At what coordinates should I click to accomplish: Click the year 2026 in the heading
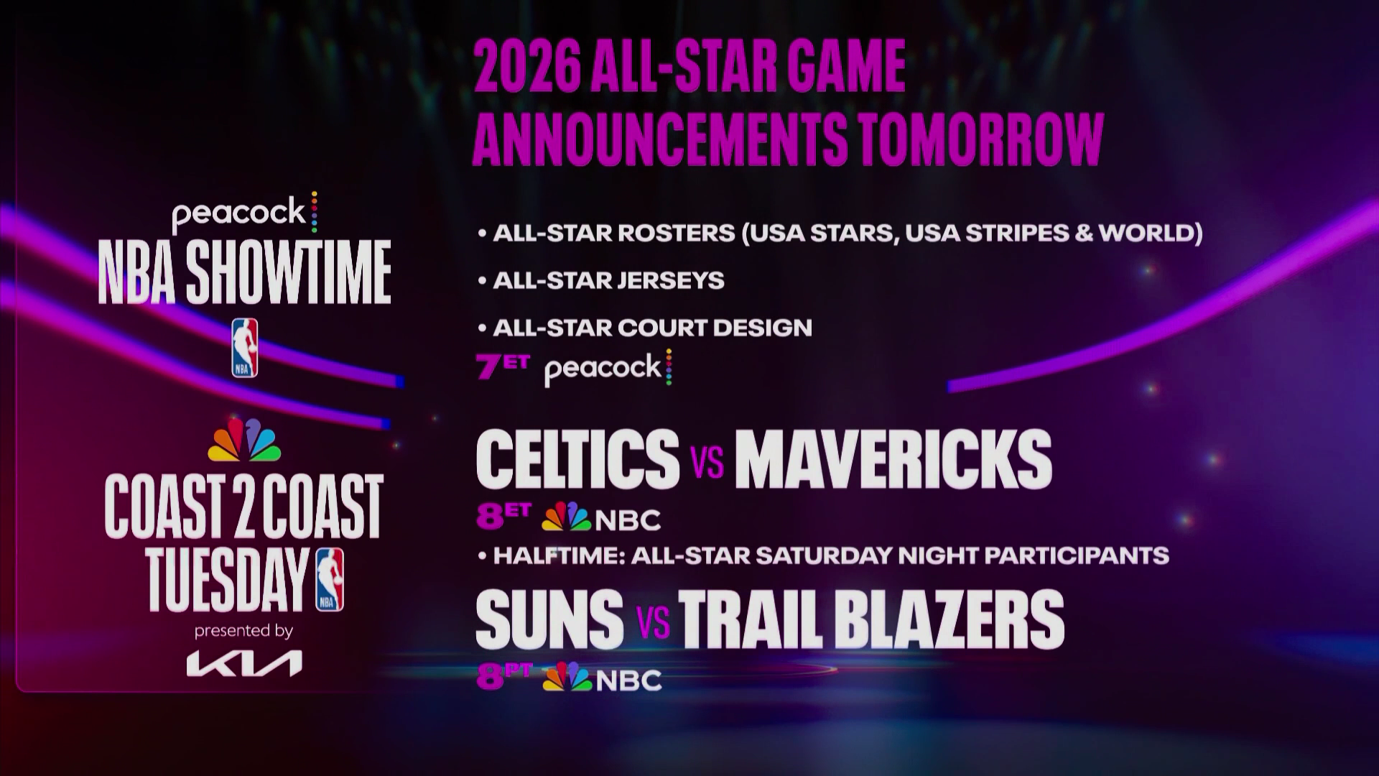pos(526,67)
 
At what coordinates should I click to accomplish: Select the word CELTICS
pos(577,459)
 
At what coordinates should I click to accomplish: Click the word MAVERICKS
pos(893,459)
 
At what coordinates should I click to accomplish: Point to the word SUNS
pos(549,619)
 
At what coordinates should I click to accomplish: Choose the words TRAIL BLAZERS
pos(871,619)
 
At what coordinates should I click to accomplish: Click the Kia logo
pos(244,663)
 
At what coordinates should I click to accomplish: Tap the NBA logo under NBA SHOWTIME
pos(245,348)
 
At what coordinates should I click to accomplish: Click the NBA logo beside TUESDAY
pos(330,579)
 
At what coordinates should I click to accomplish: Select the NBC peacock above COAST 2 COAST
pos(244,440)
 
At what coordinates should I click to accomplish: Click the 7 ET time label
pos(502,366)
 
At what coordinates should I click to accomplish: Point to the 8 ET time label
pos(503,516)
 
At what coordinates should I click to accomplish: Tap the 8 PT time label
pos(504,676)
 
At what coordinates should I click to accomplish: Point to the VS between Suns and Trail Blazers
pos(653,622)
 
